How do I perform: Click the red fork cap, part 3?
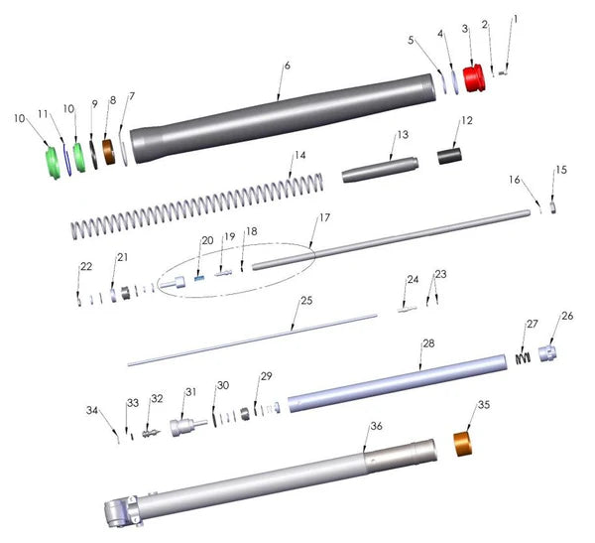point(474,77)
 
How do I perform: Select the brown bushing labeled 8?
point(109,152)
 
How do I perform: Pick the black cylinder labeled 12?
point(449,157)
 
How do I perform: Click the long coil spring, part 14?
point(197,206)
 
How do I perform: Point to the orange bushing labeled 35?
point(463,444)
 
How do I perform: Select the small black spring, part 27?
point(523,358)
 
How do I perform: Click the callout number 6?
point(288,66)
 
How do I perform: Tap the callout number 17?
point(325,217)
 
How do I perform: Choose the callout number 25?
point(306,301)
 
